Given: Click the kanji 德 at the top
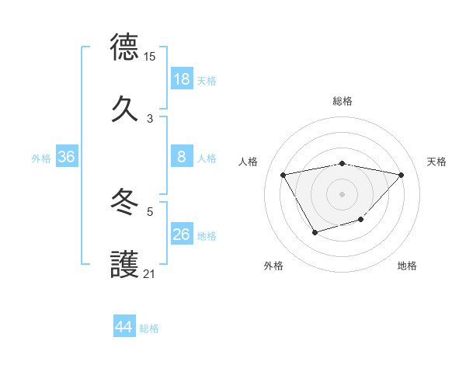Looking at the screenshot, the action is point(125,47).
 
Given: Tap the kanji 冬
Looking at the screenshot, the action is point(125,203).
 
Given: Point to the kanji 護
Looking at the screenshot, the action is point(125,264).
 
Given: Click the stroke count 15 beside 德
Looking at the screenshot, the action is point(150,57).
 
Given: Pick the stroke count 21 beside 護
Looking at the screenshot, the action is point(150,274).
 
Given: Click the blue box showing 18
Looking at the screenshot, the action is point(182,79).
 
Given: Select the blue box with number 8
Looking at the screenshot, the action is point(182,157).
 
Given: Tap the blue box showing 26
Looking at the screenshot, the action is point(182,235).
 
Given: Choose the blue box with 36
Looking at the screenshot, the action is point(66,157).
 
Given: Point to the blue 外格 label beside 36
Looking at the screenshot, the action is point(41,158).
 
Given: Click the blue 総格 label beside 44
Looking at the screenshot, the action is point(149,328).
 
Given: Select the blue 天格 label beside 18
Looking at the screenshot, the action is point(207,81).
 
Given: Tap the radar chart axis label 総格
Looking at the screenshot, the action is point(343,101).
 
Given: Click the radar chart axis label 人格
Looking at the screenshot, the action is point(248,162).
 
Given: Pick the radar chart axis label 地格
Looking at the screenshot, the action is point(407,266).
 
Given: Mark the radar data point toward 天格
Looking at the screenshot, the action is point(401,175).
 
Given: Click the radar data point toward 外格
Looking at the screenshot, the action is point(315,232).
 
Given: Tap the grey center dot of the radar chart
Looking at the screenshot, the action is point(342,193).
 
